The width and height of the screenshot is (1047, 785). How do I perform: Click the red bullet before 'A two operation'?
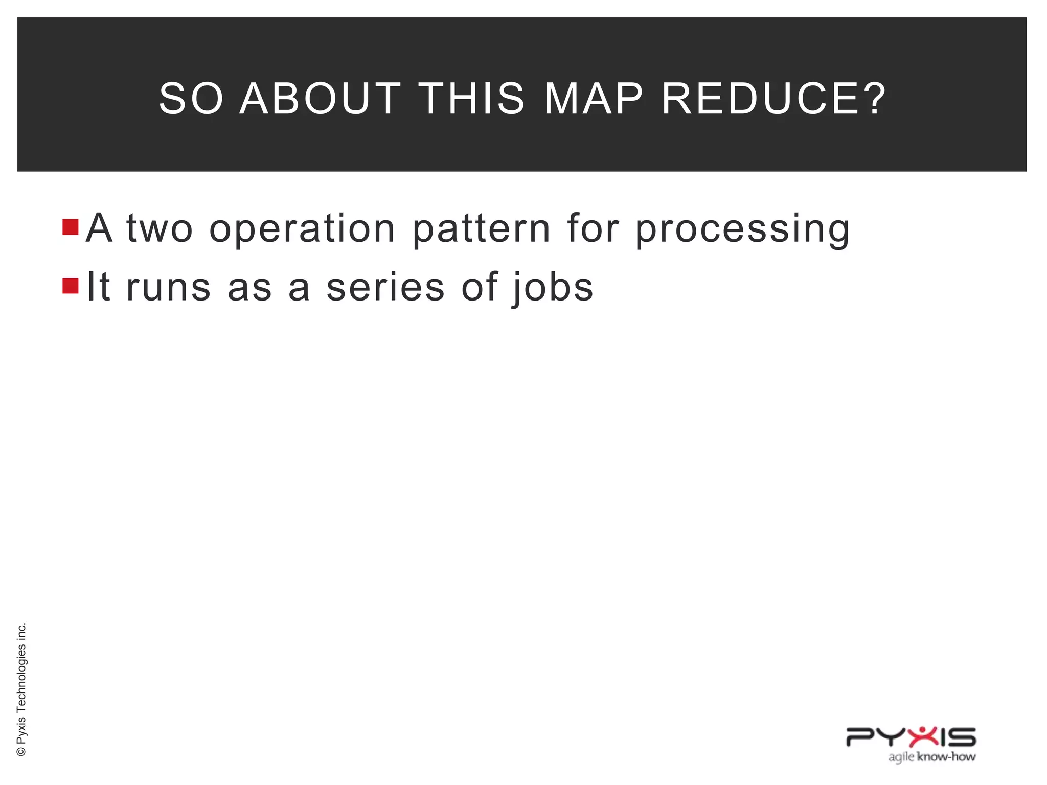point(71,227)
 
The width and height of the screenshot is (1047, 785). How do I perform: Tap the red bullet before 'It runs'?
point(71,286)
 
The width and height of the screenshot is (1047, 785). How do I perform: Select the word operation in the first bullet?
point(302,229)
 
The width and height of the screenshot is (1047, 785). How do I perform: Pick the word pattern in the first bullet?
point(481,229)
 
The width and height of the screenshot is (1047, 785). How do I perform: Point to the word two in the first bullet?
point(160,229)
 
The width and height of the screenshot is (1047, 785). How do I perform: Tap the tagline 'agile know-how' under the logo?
point(931,757)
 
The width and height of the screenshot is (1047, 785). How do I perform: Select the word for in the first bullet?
point(593,228)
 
